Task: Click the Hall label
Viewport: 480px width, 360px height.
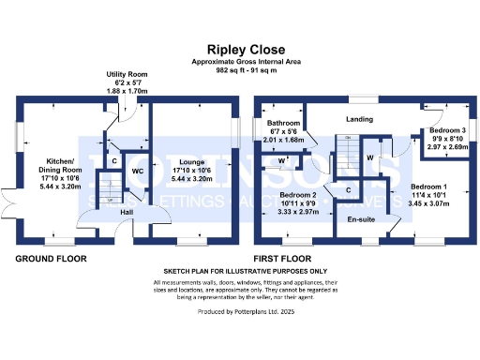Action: (x=126, y=214)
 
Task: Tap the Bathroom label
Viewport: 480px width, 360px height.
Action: (x=282, y=124)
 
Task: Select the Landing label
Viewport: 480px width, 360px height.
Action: (x=360, y=119)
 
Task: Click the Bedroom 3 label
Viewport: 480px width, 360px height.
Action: (x=446, y=129)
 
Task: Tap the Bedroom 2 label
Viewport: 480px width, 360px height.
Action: (x=300, y=194)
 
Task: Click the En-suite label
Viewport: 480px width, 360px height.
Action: (x=361, y=219)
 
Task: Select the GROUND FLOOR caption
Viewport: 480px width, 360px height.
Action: (x=51, y=258)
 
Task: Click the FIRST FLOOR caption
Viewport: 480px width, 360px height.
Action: (x=287, y=258)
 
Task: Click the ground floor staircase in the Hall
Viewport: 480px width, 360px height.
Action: (x=111, y=199)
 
